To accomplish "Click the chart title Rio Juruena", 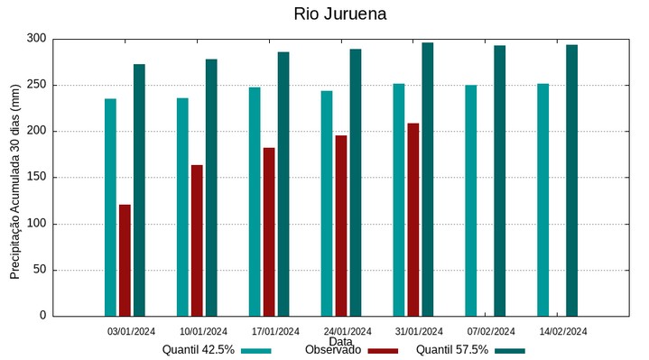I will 340,14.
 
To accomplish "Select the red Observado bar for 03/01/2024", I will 125,260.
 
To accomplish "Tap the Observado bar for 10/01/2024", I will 197,240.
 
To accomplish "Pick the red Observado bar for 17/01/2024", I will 269,232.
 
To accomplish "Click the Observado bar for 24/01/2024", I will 341,226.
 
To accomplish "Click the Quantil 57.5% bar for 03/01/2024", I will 139,190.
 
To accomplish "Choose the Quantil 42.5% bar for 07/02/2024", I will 471,200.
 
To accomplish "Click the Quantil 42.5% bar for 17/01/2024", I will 255,201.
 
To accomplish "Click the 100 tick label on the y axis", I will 37,224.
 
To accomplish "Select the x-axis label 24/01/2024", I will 348,330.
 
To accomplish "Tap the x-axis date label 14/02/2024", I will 563,330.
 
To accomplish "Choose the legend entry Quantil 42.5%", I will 199,350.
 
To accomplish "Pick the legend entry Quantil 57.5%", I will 452,350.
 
